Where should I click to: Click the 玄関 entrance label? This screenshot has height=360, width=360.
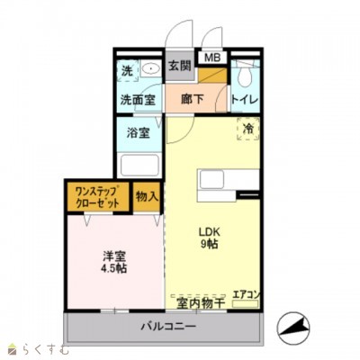coord(179,66)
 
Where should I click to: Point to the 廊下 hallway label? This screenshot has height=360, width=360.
coord(191,99)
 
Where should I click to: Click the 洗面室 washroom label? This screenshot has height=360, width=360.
coord(139,100)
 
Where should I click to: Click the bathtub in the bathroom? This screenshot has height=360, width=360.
coord(139,166)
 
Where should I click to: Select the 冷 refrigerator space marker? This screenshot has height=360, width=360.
coord(247,130)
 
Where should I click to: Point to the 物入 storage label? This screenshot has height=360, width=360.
coord(146,196)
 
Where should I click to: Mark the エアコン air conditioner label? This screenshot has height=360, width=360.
coord(246,294)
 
